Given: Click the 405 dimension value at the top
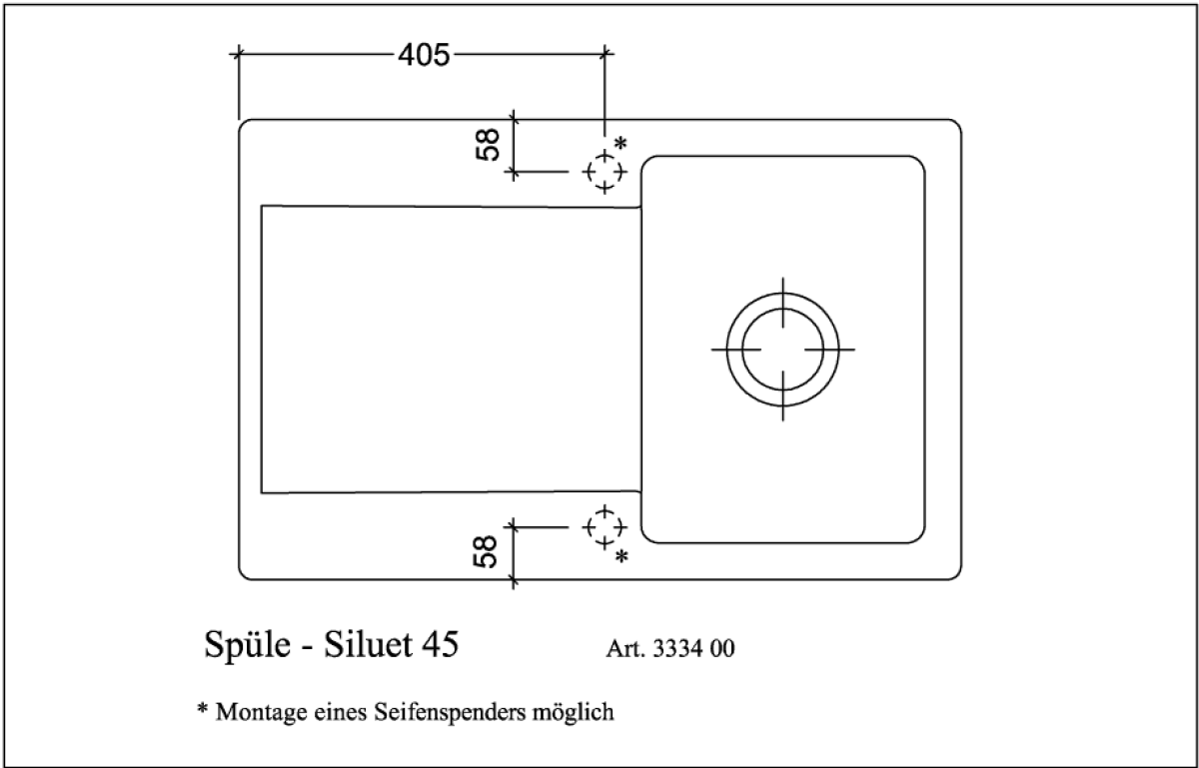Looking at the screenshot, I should tap(424, 55).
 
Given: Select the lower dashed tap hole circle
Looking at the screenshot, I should tap(603, 525).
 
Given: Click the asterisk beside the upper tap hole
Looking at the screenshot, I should tap(620, 144).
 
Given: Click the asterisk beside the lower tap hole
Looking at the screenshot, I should tap(621, 554).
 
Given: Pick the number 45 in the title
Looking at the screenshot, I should tap(440, 644).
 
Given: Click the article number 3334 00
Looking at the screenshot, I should tap(694, 648).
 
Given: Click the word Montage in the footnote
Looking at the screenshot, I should tap(262, 712).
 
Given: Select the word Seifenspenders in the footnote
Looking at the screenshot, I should tap(449, 712).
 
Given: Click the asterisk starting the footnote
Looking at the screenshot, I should tap(201, 709).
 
